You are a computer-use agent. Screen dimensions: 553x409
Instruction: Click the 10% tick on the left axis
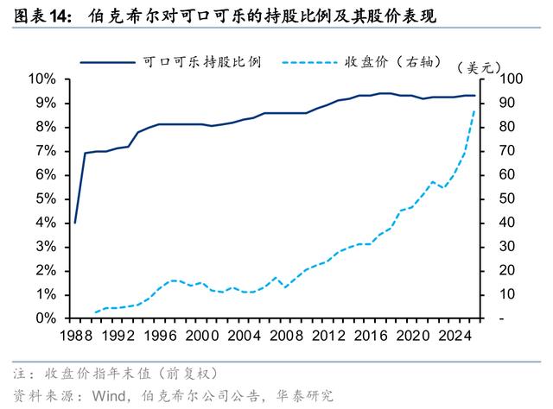[x=42, y=79]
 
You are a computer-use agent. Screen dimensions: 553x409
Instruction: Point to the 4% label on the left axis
[x=46, y=223]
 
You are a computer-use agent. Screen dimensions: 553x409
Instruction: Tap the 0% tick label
[x=46, y=318]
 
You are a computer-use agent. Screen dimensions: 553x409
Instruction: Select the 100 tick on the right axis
[x=511, y=79]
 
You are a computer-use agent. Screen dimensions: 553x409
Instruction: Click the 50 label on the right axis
[x=507, y=198]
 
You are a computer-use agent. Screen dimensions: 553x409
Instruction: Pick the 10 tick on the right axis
[x=507, y=294]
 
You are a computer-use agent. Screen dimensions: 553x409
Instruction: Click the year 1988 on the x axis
[x=76, y=336]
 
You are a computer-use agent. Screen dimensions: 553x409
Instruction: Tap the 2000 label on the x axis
[x=202, y=336]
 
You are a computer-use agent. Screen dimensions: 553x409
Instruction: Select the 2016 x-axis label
[x=371, y=336]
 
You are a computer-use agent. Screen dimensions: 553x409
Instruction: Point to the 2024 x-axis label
[x=455, y=336]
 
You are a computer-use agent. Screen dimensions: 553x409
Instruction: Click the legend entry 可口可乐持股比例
[x=201, y=62]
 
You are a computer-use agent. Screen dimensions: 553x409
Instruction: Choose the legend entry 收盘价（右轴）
[x=393, y=62]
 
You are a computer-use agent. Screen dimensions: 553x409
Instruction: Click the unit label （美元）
[x=479, y=67]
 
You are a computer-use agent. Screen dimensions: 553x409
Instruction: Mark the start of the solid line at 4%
[x=75, y=223]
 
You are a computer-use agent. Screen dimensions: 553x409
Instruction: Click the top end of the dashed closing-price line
[x=474, y=111]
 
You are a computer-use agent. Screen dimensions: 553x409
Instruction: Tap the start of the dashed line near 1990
[x=96, y=312]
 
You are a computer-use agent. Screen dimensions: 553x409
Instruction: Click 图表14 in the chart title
[x=42, y=16]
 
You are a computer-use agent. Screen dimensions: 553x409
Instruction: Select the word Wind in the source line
[x=109, y=396]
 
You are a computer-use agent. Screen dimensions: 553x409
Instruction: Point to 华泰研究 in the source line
[x=305, y=396]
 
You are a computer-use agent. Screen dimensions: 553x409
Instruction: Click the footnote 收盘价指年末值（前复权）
[x=130, y=374]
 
